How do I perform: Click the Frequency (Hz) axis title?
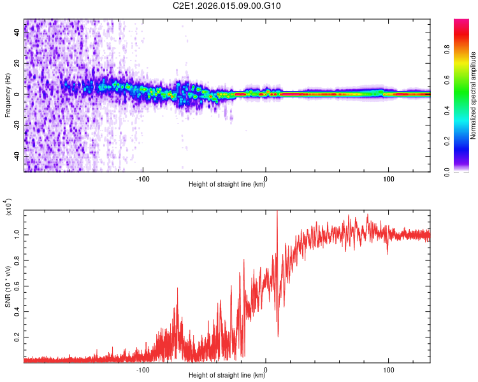pyautogui.click(x=8, y=95)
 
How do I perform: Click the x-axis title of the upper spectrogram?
pyautogui.click(x=227, y=185)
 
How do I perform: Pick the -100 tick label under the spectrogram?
pyautogui.click(x=143, y=178)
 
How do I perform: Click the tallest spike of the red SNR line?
pyautogui.click(x=277, y=213)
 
